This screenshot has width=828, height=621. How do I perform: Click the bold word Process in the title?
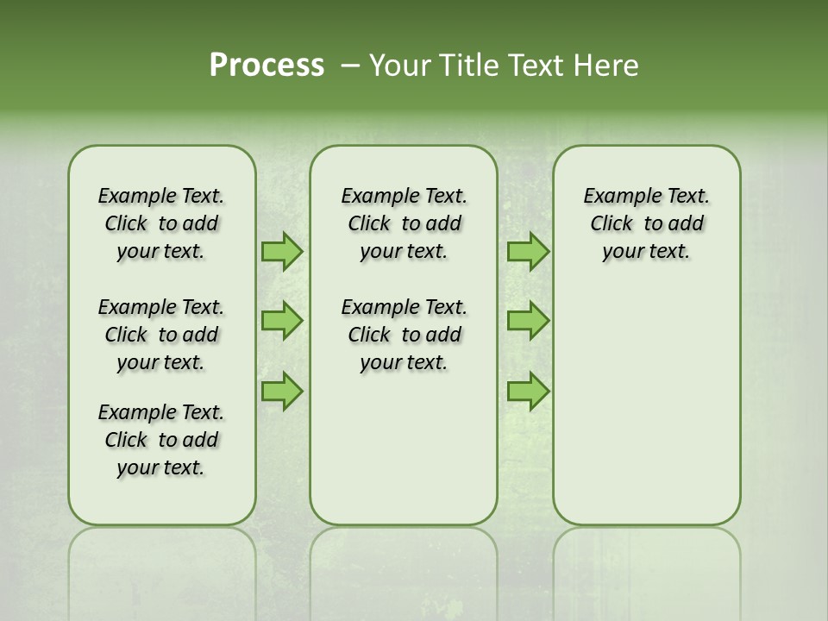tap(267, 66)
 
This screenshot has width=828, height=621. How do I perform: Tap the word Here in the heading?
tap(605, 66)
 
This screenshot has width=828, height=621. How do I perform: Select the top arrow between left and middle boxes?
tap(281, 252)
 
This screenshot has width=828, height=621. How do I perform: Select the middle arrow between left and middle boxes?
tap(281, 321)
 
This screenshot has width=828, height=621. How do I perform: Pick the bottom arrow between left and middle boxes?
tap(281, 392)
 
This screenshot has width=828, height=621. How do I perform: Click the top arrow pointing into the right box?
tap(528, 252)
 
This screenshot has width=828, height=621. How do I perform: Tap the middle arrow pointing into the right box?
tap(528, 321)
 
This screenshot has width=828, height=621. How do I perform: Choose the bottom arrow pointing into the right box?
tap(528, 392)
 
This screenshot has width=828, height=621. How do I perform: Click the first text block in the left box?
tap(161, 223)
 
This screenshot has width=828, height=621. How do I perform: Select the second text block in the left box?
tap(161, 335)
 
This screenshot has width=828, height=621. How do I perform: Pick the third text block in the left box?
tap(161, 440)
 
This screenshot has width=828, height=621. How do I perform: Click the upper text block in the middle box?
tap(404, 223)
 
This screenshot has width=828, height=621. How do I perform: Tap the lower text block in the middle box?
tap(404, 335)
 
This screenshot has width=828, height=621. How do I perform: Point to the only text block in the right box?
tap(646, 223)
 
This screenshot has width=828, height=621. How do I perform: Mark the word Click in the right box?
tap(612, 224)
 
